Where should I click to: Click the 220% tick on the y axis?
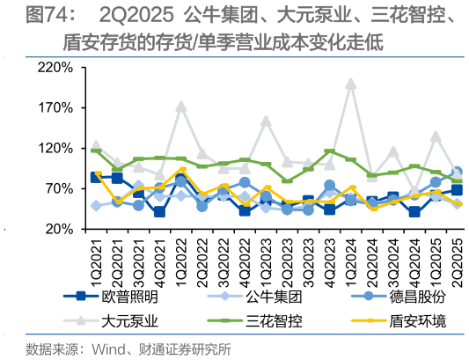tap(55, 68)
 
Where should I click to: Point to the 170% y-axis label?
tap(55, 108)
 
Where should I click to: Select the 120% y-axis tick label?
tap(55, 149)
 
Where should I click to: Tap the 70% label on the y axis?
tap(59, 189)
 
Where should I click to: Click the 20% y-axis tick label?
tap(59, 229)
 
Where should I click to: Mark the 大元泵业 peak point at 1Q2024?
tap(351, 84)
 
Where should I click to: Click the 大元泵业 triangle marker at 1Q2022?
tap(181, 106)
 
